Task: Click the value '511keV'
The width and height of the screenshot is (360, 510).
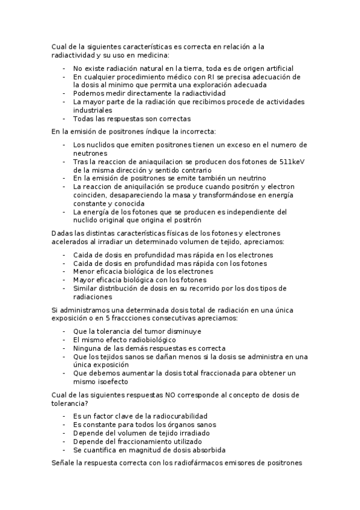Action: pyautogui.click(x=294, y=162)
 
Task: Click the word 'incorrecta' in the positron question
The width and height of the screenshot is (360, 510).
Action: pyautogui.click(x=195, y=132)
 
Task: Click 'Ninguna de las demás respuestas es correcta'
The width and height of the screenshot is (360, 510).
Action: pyautogui.click(x=149, y=348)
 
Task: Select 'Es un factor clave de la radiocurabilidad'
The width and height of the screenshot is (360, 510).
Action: pyautogui.click(x=140, y=416)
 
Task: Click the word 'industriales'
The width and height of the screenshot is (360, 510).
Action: pyautogui.click(x=93, y=111)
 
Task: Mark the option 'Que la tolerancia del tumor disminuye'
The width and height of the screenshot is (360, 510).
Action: pyautogui.click(x=137, y=331)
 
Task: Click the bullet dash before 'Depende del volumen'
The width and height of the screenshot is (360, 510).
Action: pyautogui.click(x=64, y=432)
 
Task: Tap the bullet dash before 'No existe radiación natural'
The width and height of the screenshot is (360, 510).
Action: pyautogui.click(x=64, y=69)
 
